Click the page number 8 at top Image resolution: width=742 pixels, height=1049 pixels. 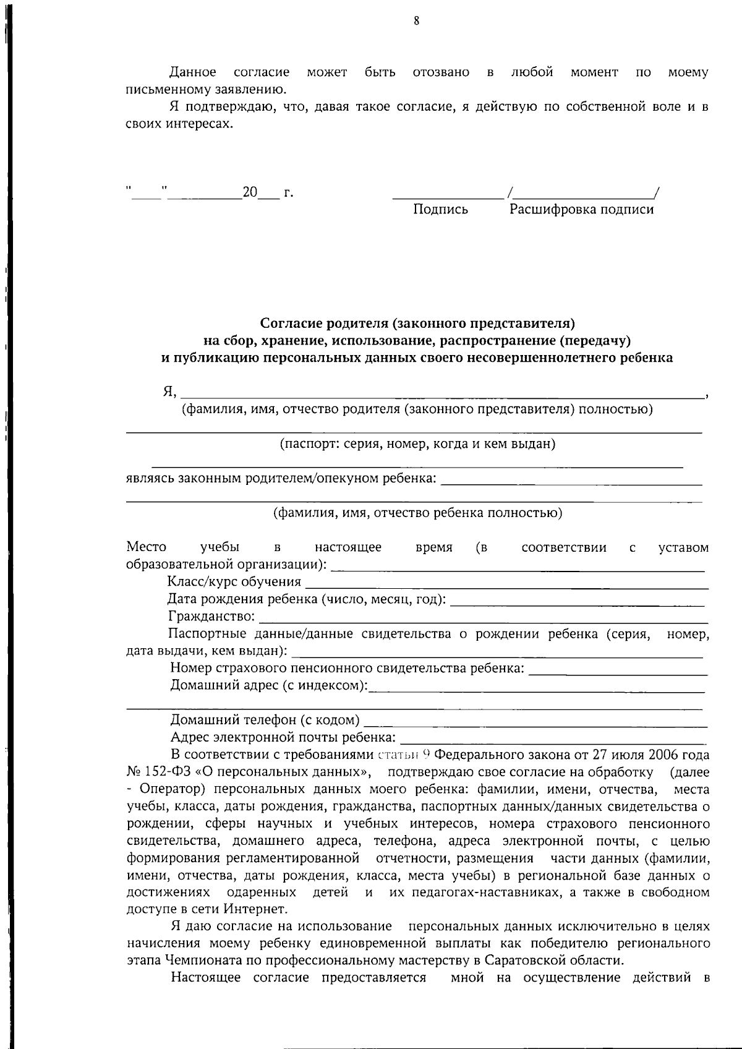[x=416, y=21]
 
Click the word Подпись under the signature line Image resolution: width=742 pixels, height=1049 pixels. [x=440, y=210]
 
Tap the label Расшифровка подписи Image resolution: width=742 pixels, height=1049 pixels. [x=581, y=210]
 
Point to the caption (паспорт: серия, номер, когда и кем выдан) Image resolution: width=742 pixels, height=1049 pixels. [x=417, y=444]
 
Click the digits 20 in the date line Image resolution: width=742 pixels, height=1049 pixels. [x=250, y=192]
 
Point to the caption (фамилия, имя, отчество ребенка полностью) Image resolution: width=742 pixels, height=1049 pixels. [x=417, y=513]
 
